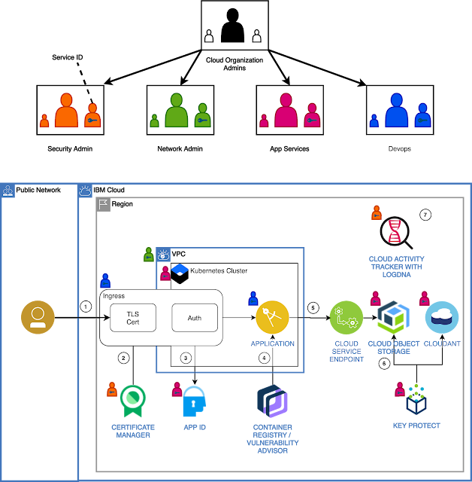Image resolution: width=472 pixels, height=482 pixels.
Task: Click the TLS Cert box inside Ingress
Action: (x=133, y=318)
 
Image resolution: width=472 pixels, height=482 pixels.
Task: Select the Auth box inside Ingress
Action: (x=195, y=318)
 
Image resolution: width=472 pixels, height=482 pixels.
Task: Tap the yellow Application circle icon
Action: (x=272, y=318)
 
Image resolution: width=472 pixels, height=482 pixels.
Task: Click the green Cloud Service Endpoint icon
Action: (x=346, y=318)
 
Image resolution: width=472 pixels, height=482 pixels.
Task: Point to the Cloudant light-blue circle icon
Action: (x=442, y=318)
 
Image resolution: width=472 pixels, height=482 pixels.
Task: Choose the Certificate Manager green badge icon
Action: (x=133, y=401)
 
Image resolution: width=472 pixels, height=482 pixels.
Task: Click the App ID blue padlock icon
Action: (x=195, y=401)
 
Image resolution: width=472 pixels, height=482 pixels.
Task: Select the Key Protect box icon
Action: (x=416, y=399)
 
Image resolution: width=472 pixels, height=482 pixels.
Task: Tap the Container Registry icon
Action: (x=272, y=401)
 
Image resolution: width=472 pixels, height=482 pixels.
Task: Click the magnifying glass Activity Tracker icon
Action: (x=396, y=233)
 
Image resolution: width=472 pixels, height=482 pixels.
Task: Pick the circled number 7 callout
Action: (x=425, y=215)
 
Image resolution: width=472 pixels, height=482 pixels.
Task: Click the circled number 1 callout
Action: (x=86, y=307)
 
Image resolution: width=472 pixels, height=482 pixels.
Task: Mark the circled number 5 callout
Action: (x=313, y=308)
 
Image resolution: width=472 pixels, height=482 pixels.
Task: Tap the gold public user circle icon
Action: (x=38, y=317)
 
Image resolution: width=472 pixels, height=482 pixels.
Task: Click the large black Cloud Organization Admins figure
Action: (x=233, y=25)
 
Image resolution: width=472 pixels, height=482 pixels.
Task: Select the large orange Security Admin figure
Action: (x=66, y=110)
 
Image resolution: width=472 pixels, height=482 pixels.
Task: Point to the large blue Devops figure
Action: (x=396, y=110)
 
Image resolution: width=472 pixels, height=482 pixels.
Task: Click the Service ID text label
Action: (x=68, y=57)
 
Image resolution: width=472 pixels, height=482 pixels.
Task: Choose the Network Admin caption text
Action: (x=180, y=149)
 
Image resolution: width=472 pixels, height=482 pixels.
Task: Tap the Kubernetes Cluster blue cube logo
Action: (x=180, y=273)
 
